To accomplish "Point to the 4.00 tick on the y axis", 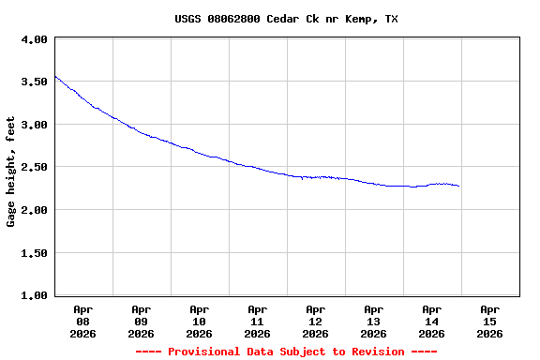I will pyautogui.click(x=35, y=40).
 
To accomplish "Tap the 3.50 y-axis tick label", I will pyautogui.click(x=35, y=82).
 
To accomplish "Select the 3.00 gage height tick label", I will pyautogui.click(x=35, y=125).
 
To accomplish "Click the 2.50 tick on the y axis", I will pyautogui.click(x=35, y=168).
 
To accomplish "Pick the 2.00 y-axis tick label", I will pyautogui.click(x=35, y=210).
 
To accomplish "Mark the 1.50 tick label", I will pyautogui.click(x=35, y=253).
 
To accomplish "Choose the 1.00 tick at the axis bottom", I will pyautogui.click(x=35, y=296).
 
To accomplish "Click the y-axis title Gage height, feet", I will pyautogui.click(x=11, y=171).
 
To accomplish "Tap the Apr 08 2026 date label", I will pyautogui.click(x=82, y=321).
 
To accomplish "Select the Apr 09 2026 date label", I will pyautogui.click(x=141, y=321).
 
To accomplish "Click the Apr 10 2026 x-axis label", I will pyautogui.click(x=199, y=321).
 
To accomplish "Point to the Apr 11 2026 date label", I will pyautogui.click(x=257, y=321).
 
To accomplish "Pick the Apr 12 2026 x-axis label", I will pyautogui.click(x=315, y=321).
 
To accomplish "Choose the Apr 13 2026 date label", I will pyautogui.click(x=373, y=321).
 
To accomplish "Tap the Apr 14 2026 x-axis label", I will pyautogui.click(x=431, y=321).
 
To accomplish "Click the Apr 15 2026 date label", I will pyautogui.click(x=489, y=321).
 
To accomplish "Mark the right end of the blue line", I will pyautogui.click(x=458, y=186).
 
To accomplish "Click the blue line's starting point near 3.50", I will pyautogui.click(x=55, y=76).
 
